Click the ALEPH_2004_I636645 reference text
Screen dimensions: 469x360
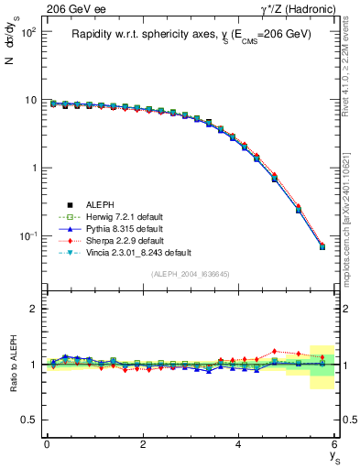(191, 274)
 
